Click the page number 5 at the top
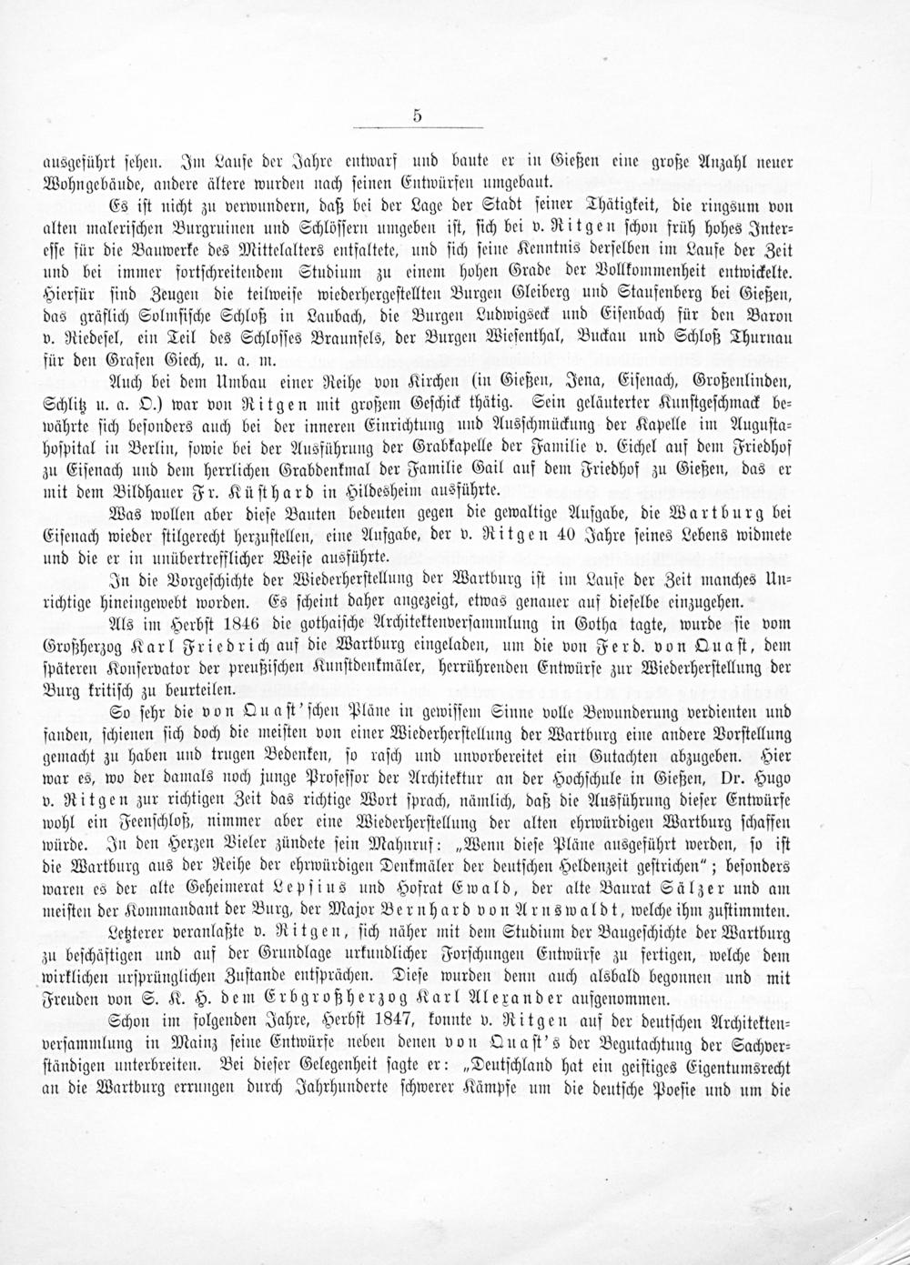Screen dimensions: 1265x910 coord(417,115)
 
